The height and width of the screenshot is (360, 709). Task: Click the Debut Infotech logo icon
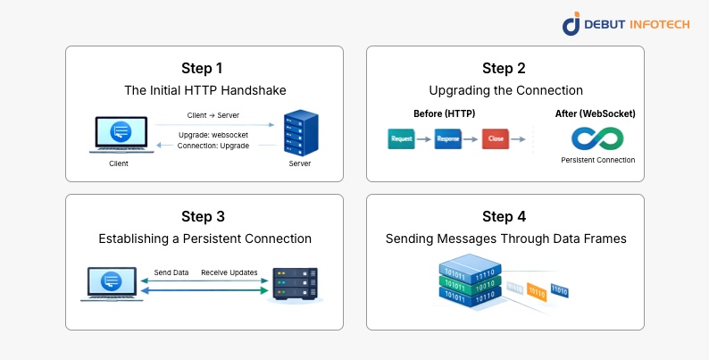[571, 24]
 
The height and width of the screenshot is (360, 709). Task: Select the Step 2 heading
[505, 69]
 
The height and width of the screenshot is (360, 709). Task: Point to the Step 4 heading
[505, 217]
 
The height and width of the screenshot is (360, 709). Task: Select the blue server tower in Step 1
[300, 133]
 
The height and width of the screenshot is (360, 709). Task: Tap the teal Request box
[402, 139]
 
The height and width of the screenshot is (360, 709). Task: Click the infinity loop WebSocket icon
[597, 138]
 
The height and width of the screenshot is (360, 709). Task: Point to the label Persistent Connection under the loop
[597, 161]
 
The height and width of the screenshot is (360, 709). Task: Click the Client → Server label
[213, 115]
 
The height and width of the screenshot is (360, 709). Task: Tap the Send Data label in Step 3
[171, 272]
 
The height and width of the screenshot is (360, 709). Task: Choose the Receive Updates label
[229, 272]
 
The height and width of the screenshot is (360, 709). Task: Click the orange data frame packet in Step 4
[537, 289]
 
